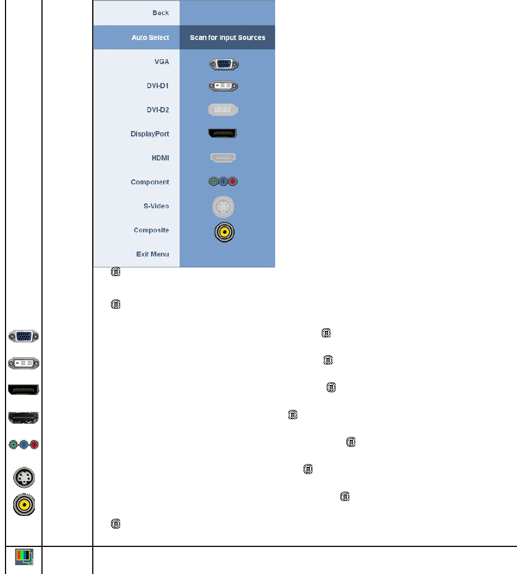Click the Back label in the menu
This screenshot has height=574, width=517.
[160, 13]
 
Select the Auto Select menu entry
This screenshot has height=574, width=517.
[150, 38]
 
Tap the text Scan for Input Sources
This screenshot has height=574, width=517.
[228, 38]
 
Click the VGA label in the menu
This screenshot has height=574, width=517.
[161, 62]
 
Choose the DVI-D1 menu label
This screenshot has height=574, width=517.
[157, 86]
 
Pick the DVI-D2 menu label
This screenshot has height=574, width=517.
[157, 110]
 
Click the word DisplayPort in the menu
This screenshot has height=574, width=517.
[150, 134]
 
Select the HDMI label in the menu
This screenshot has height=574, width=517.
[160, 158]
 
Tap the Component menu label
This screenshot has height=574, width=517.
[150, 182]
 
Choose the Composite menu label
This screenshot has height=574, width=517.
[151, 230]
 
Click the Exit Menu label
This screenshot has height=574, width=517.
[152, 254]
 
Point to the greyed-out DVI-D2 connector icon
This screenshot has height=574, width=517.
[224, 110]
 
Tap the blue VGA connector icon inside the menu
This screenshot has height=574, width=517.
[224, 64]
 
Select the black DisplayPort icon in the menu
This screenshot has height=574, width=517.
[223, 134]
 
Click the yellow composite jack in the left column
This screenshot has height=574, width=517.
[24, 504]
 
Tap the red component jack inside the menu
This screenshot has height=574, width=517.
[233, 181]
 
